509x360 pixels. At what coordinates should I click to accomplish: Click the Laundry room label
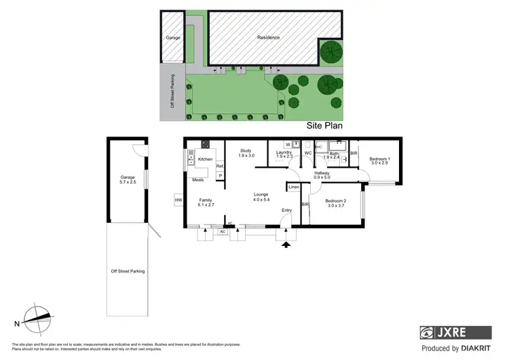point(284,154)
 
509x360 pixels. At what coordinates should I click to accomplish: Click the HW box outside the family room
point(178,200)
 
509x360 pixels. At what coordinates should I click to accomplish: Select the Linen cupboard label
point(294,187)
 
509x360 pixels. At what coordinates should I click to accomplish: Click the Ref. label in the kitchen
point(220,166)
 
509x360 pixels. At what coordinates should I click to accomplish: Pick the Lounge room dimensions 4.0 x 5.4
point(261,200)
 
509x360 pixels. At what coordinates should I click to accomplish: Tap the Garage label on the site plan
point(173,37)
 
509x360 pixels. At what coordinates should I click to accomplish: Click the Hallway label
point(322,174)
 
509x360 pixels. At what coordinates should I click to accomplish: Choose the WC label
point(307,153)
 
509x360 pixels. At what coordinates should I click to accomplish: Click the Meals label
point(198,180)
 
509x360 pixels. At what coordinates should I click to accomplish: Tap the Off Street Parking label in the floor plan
point(128,271)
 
